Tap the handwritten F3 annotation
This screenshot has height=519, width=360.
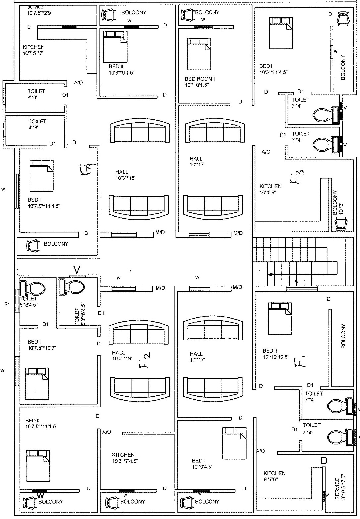(297, 177)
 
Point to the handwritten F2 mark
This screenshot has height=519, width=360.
(145, 361)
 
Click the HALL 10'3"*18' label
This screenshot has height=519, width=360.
(125, 175)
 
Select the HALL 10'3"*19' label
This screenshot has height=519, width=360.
(122, 356)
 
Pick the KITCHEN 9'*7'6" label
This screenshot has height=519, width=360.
(274, 476)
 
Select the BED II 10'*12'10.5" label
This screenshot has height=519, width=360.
(276, 354)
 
